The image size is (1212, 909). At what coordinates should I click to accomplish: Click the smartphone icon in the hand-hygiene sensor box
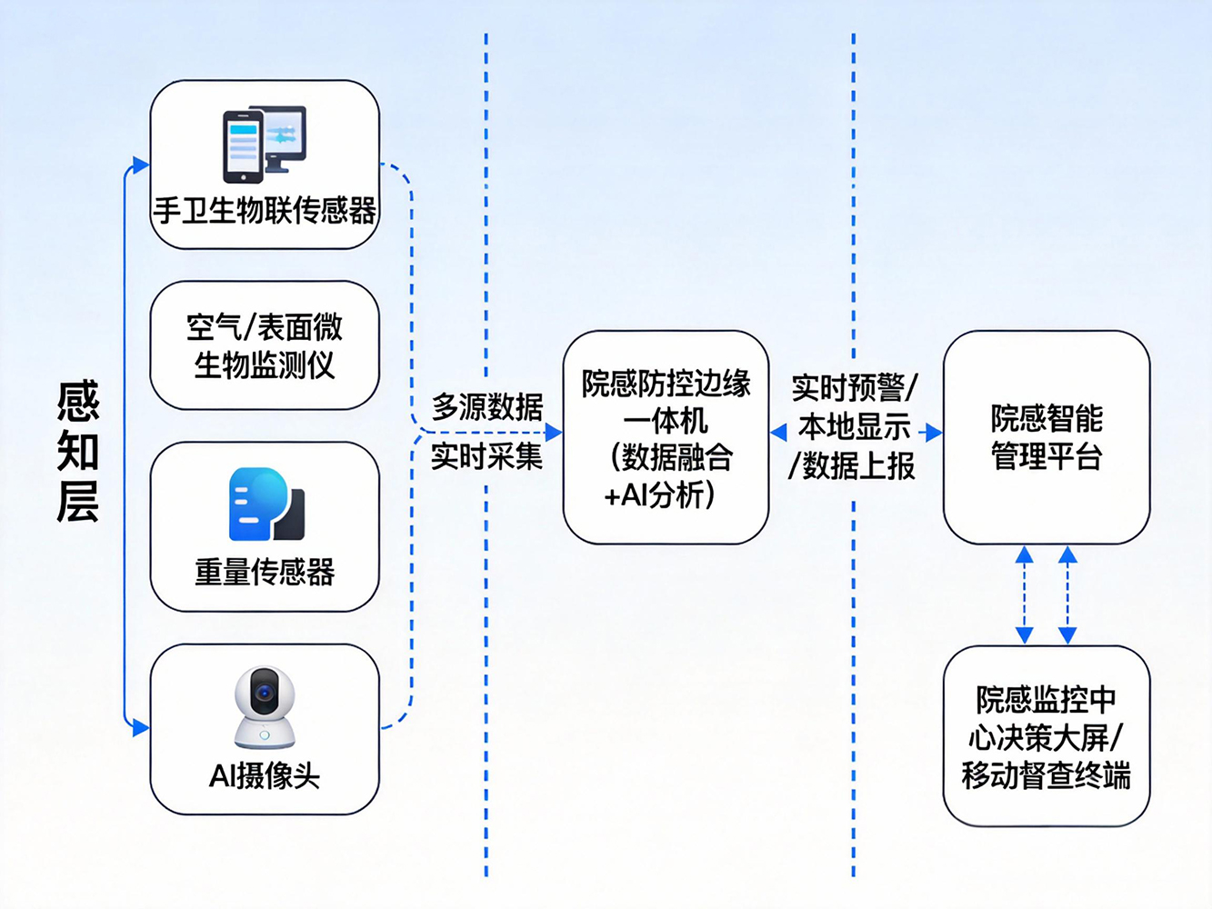click(243, 147)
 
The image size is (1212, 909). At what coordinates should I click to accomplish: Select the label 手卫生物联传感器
click(265, 211)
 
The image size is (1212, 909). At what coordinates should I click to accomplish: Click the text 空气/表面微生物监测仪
click(265, 346)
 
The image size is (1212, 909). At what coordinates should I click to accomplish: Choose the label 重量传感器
click(265, 572)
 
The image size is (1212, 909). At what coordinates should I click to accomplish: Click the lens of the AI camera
click(265, 694)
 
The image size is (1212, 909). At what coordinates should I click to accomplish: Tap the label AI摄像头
click(265, 776)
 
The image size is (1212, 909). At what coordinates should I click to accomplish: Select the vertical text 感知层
click(77, 452)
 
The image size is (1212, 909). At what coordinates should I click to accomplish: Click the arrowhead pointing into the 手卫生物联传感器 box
click(141, 165)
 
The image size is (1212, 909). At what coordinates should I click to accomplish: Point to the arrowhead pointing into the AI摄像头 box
click(141, 727)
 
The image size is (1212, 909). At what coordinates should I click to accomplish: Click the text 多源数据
click(487, 406)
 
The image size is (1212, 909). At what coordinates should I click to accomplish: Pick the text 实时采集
click(487, 455)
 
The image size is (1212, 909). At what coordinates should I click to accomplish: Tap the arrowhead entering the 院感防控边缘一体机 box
click(554, 433)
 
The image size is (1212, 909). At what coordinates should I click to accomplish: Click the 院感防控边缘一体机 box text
click(666, 439)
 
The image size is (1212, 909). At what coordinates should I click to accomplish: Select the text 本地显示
click(854, 426)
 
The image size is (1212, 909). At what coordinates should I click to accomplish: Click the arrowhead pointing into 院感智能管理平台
click(934, 433)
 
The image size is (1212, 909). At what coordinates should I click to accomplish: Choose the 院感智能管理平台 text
click(1047, 437)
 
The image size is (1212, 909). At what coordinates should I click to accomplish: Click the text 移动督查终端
click(1047, 776)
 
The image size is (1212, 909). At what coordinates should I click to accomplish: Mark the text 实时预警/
click(854, 387)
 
